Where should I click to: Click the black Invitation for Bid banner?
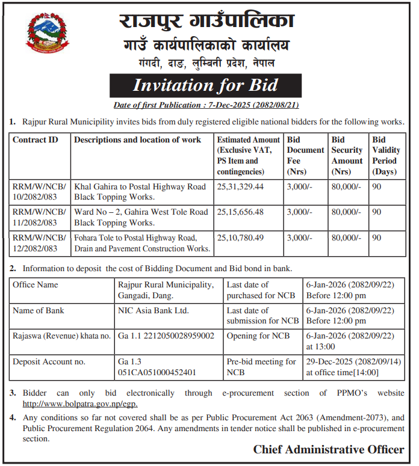coord(205,85)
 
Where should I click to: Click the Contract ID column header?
coord(36,140)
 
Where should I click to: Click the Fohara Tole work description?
coord(142,242)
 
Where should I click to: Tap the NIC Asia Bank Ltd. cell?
coord(154,310)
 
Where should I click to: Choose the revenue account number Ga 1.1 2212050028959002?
coord(166,336)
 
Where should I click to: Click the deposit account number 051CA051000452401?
coord(158,372)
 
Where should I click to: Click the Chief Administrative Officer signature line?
coord(328,449)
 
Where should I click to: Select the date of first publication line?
coord(206,105)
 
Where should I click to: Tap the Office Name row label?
coord(36,284)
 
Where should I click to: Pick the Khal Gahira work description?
coord(140,192)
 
